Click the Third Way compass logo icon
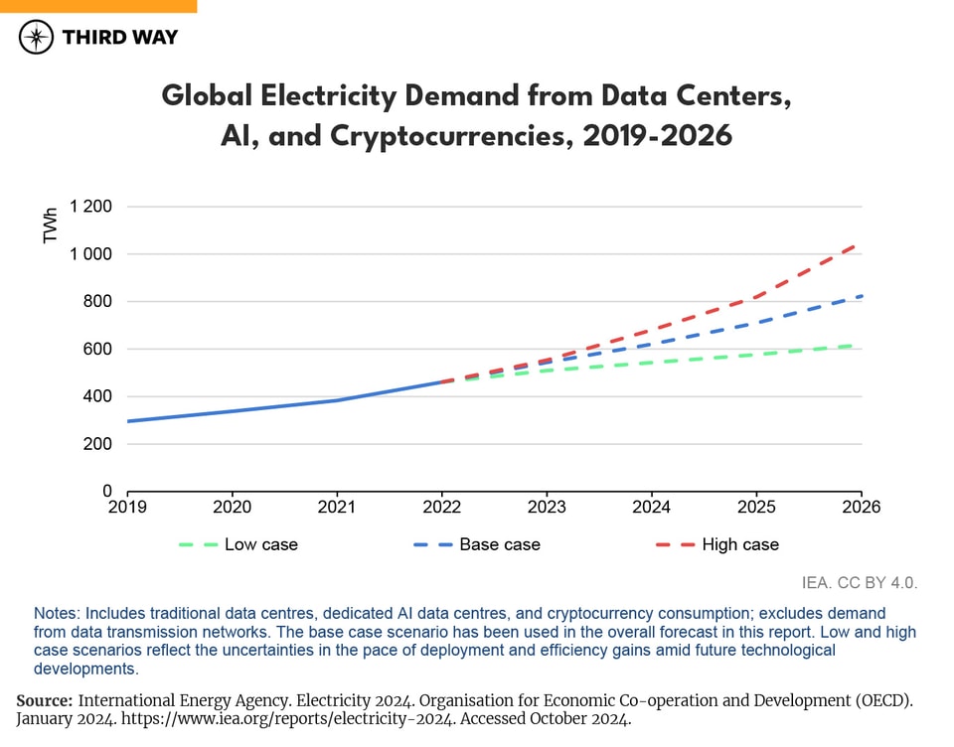tap(37, 38)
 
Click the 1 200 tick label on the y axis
tap(90, 207)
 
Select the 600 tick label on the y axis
tap(96, 350)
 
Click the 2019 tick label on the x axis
tap(127, 508)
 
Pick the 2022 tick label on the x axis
tap(441, 508)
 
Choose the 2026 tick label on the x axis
tap(860, 508)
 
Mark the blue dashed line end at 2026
tap(859, 296)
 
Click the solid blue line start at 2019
tap(128, 421)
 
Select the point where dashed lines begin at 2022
tap(441, 381)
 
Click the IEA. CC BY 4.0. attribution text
tap(860, 583)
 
